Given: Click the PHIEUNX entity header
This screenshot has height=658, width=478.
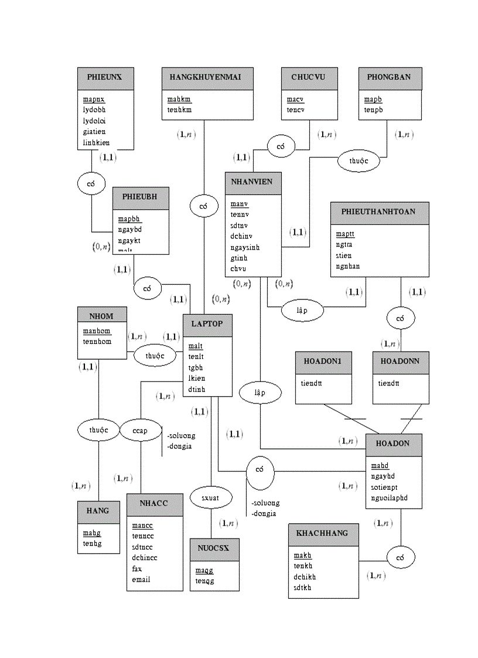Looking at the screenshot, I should pos(105,77).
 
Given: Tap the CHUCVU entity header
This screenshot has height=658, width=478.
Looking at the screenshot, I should pos(309,77).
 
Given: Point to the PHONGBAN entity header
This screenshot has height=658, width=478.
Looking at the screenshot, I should pos(390,77).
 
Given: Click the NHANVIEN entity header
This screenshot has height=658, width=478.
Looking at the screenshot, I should pos(252,182).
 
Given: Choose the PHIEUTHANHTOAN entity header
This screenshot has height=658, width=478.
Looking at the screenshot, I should pos(380,212).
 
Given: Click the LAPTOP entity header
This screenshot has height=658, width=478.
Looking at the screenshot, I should pos(207,324).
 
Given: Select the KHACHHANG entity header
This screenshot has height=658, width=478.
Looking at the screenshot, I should pos(323,534).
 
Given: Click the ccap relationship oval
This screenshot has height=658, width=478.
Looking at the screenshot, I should pos(141,431).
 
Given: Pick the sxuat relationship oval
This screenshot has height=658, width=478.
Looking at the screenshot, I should pos(211,498).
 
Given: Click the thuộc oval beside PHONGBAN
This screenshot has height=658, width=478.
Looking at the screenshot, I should pos(359,161).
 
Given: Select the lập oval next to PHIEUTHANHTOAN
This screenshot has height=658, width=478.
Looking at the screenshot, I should pos(302,311).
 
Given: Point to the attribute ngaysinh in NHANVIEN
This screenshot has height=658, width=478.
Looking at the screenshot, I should pos(245,247).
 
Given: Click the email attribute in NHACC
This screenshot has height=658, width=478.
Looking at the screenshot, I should pos(141,579).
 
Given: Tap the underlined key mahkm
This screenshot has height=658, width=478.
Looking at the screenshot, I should pos(179,99).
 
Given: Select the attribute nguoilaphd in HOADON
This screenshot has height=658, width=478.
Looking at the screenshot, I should pos(389,499).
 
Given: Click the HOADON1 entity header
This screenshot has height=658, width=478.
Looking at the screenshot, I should pos(323,362).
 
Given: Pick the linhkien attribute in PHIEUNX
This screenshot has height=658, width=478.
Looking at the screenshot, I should pos(96,143).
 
